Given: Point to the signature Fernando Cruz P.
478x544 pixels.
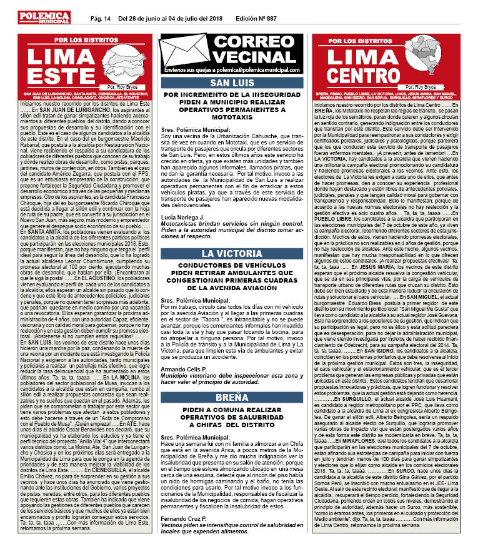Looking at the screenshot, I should click(x=183, y=521).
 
